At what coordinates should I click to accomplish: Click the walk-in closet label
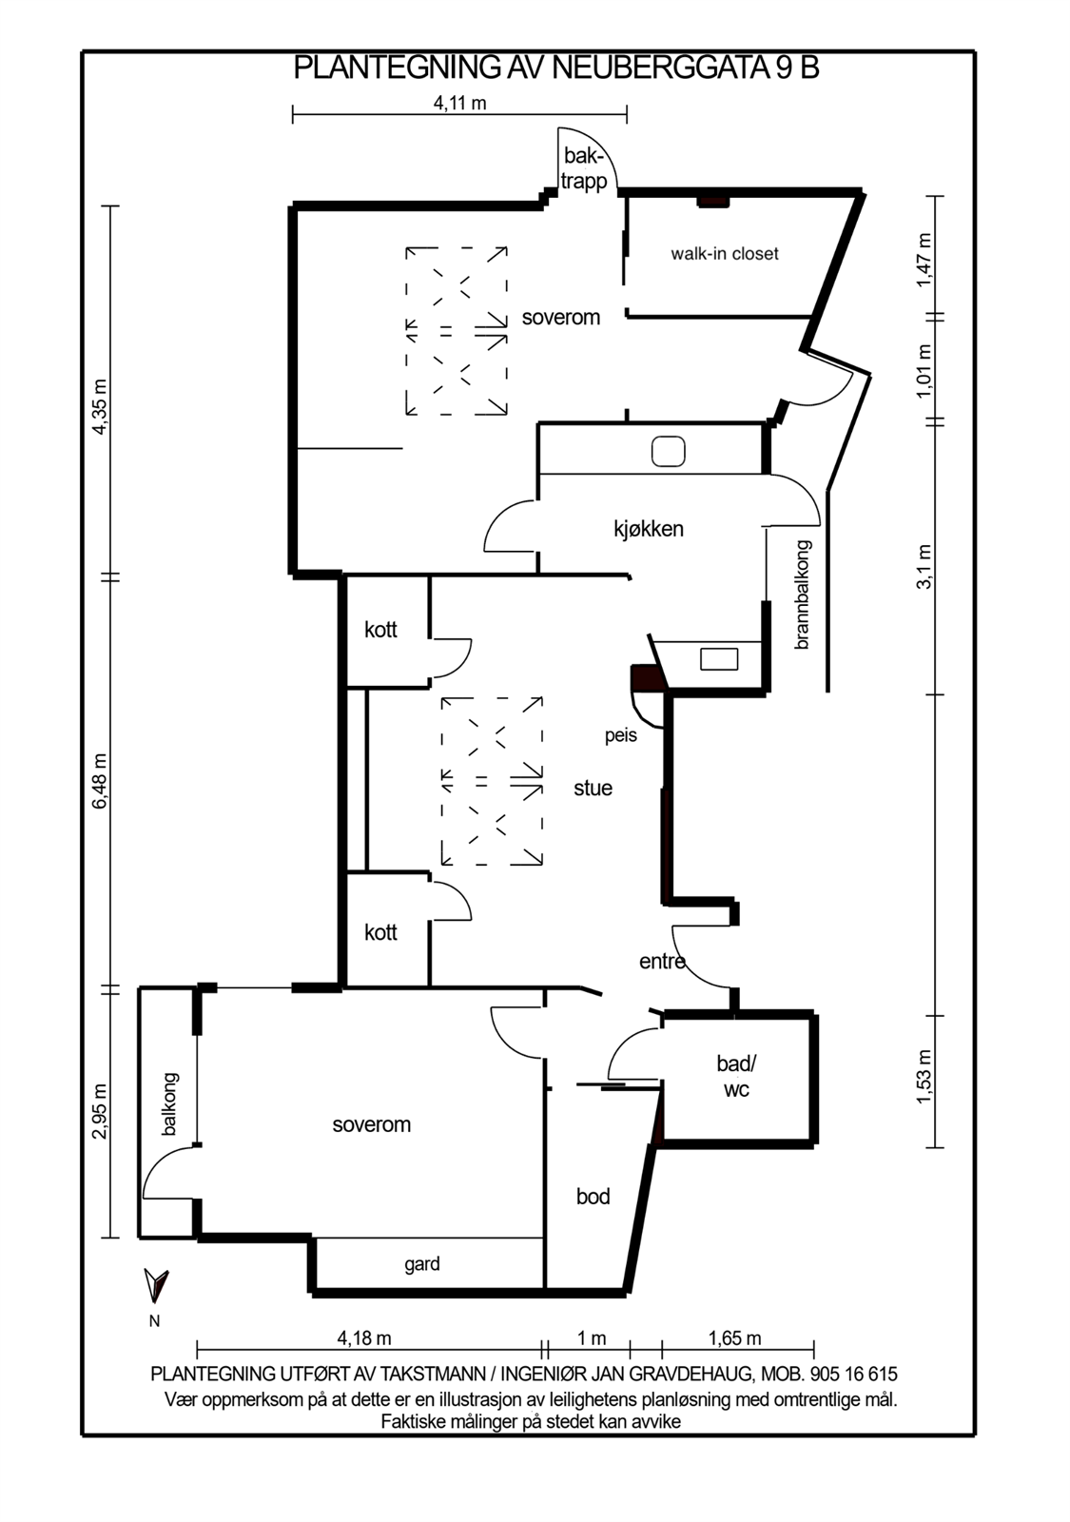tap(724, 254)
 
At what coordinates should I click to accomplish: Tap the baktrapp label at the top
tap(583, 168)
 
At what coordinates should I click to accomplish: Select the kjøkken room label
tap(648, 529)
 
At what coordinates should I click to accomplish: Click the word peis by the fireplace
tap(620, 735)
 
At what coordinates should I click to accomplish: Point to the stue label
tap(593, 788)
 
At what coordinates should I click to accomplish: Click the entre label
tap(662, 962)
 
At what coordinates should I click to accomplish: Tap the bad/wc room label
tap(736, 1077)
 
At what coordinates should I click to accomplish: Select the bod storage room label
tap(593, 1196)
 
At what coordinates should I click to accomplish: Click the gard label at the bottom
tap(421, 1264)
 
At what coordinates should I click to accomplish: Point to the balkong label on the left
tap(170, 1104)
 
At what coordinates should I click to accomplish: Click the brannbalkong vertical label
tap(802, 595)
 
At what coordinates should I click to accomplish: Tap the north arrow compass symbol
tap(155, 1285)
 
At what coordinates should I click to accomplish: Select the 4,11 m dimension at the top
tap(459, 104)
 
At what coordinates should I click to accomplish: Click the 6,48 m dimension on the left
tap(100, 781)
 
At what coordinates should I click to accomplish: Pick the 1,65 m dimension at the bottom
tap(734, 1338)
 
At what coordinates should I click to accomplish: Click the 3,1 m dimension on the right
tap(924, 567)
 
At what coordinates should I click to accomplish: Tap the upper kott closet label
tap(380, 630)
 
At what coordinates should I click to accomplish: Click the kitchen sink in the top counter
tap(668, 451)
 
